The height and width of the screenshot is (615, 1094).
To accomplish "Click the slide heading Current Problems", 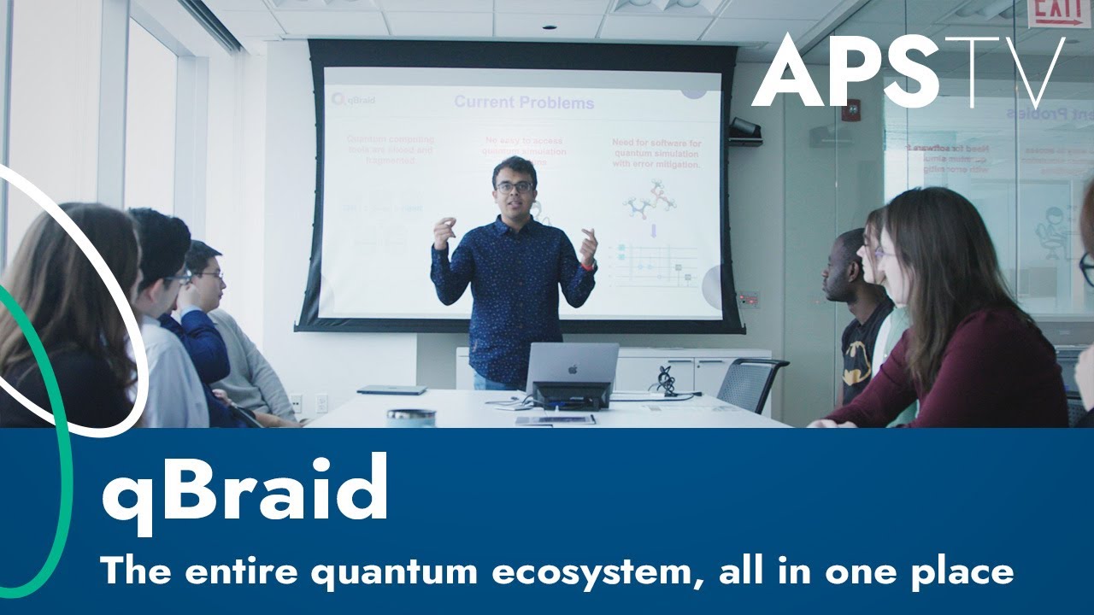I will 523,102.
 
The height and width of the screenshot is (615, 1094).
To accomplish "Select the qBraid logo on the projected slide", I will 355,100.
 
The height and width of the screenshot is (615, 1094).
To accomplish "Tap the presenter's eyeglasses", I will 515,186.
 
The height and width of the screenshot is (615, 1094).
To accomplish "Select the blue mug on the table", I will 410,417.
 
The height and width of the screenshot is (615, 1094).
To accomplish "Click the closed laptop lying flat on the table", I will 391,390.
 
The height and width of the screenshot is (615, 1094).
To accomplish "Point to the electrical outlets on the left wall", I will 308,402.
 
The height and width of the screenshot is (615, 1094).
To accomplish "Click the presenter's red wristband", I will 587,266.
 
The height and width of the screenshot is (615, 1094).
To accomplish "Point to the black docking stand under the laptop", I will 571,395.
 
